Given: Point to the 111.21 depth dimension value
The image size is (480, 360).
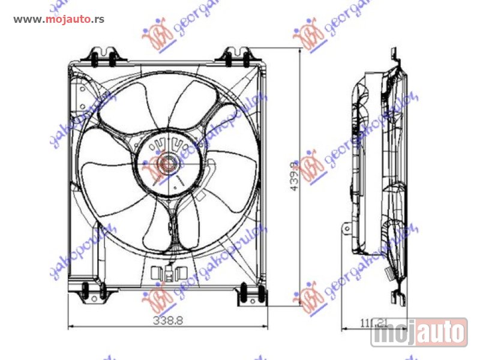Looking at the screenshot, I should pos(374,323).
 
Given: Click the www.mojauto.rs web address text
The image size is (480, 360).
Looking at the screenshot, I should pos(59,19).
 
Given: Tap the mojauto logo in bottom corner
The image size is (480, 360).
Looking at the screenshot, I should pos(419,332).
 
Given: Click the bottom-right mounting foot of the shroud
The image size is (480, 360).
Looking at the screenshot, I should pos(251,293).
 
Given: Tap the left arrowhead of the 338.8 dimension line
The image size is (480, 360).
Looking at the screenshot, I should pos(71,327).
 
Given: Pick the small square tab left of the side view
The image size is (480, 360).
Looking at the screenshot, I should pos(346,229).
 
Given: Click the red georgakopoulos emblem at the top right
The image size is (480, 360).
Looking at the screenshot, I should pos(308,35).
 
